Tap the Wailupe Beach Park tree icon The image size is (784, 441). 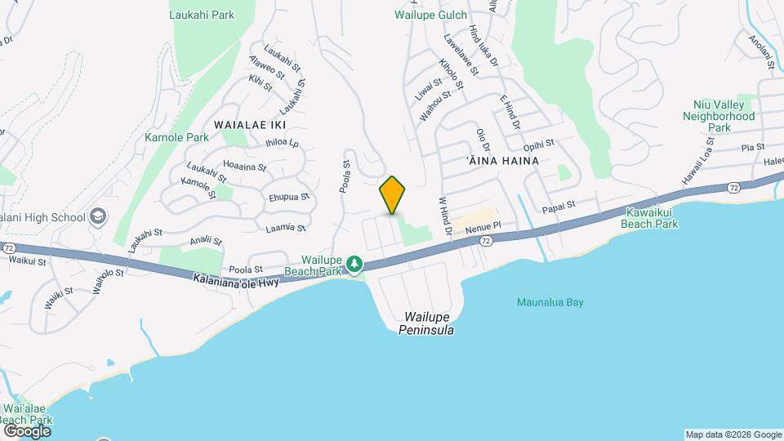click(354, 264)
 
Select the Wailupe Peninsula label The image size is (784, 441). click(426, 323)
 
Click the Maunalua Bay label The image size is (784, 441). click(550, 302)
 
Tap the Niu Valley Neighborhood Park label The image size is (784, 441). click(719, 122)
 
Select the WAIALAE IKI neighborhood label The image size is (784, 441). click(249, 124)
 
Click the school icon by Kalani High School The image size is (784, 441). click(98, 216)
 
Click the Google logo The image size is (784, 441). click(27, 430)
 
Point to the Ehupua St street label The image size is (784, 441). click(289, 197)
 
